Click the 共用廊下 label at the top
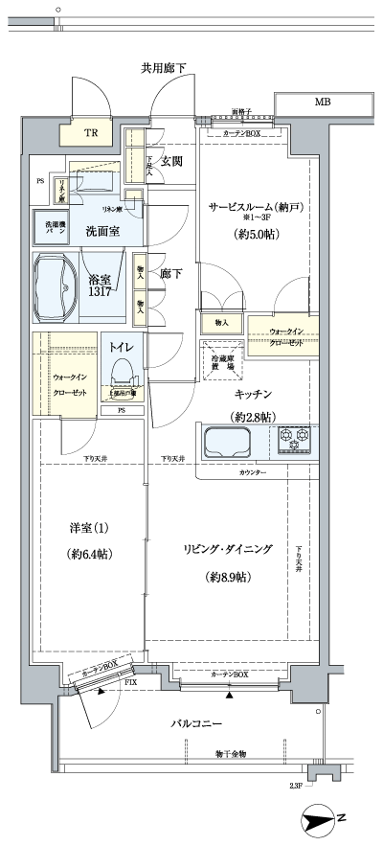pos(164,68)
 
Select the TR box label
pos(90,134)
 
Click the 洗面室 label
pos(101,231)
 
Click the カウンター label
pos(253,474)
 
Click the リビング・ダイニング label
pos(229,549)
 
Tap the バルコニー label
pos(197,723)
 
